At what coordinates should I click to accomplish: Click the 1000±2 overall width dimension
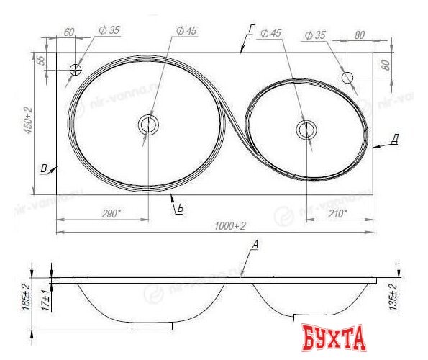click(229, 225)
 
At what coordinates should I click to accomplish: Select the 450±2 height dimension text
click(27, 121)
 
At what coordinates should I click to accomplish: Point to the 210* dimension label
click(335, 212)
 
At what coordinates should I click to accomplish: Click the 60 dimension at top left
click(70, 33)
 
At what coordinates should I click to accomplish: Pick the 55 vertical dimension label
click(41, 60)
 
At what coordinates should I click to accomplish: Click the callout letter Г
click(251, 29)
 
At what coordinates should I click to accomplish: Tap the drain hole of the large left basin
click(149, 125)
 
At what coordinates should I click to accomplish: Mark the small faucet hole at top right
click(347, 76)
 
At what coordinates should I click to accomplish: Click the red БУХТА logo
click(333, 337)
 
